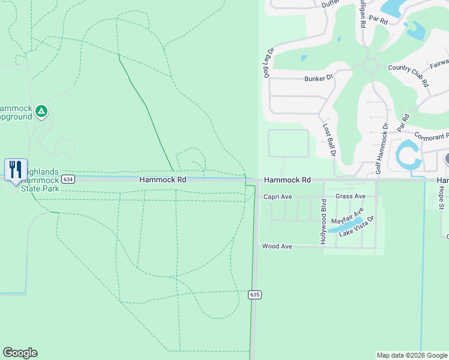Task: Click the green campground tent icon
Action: pos(41,111)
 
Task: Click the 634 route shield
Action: pos(68,179)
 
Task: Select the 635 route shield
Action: pos(255,294)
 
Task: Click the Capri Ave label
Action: pos(277,197)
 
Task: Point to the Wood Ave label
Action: pos(277,246)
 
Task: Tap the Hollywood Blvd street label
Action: pos(323,214)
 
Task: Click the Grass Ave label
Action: pos(351,196)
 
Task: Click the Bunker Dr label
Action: pos(318,79)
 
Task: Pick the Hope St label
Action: pos(440,197)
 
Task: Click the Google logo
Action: pos(20,353)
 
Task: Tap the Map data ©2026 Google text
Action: pos(411,355)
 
